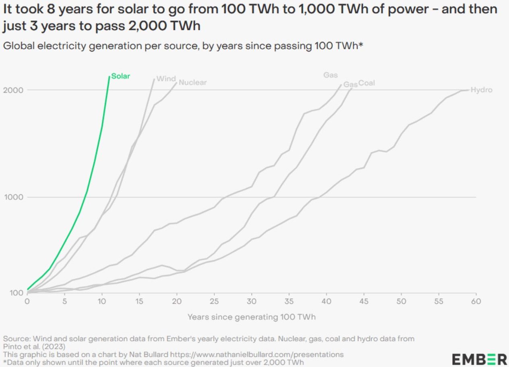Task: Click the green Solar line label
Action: [x=121, y=76]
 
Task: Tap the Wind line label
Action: [x=166, y=79]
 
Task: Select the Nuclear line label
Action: [x=192, y=83]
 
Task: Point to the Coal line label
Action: [x=366, y=83]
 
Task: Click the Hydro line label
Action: [x=481, y=90]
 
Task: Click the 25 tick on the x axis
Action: [x=214, y=301]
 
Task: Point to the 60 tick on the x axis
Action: [x=476, y=301]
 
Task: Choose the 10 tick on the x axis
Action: [x=102, y=301]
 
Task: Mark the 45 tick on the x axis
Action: [x=364, y=301]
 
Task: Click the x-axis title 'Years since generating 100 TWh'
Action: [x=251, y=317]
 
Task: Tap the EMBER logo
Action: [x=479, y=359]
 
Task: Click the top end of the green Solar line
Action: [x=109, y=76]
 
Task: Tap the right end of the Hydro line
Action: [x=469, y=90]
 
